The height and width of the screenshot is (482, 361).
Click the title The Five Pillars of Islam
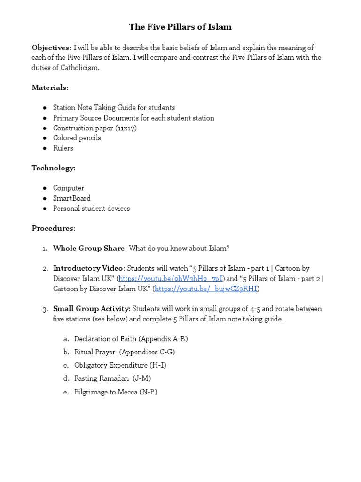coord(180,27)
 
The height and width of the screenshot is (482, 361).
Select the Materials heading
coord(50,88)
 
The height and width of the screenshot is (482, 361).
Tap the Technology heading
coord(53,168)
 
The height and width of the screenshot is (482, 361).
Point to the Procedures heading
coord(53,228)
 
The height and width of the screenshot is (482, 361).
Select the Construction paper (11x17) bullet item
coord(95,128)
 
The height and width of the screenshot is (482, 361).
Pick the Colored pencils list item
coord(77,138)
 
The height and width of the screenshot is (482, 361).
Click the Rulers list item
coord(63,148)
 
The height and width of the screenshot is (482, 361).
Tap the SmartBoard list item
coord(71,198)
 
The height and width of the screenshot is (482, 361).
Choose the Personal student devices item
coord(91,209)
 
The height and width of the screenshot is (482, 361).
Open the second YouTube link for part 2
coord(206,289)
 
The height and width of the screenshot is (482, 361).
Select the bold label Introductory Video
coord(89,268)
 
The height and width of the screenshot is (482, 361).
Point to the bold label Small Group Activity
coord(91,309)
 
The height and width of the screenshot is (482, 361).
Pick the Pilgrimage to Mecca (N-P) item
coord(116,392)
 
